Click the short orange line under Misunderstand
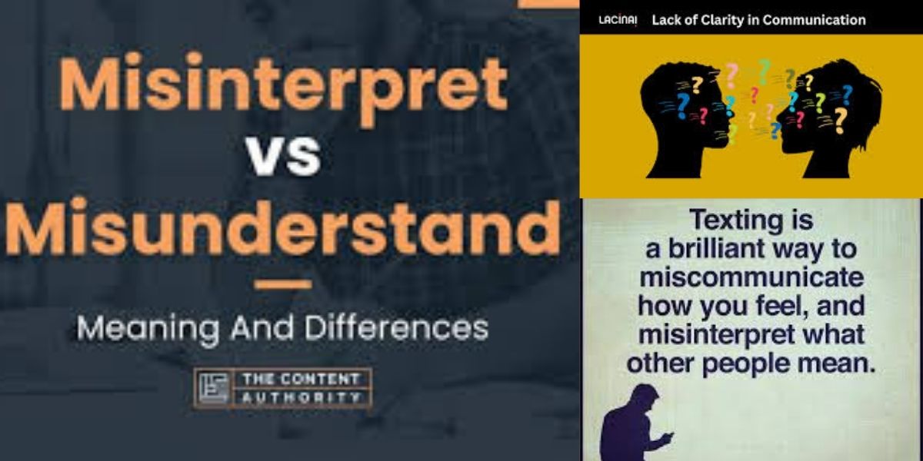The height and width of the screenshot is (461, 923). click(283, 284)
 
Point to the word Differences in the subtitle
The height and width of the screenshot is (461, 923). click(396, 328)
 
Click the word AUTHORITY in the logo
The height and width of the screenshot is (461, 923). click(301, 397)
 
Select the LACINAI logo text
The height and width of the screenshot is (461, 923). click(618, 20)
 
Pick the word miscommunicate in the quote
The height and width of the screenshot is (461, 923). click(751, 277)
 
